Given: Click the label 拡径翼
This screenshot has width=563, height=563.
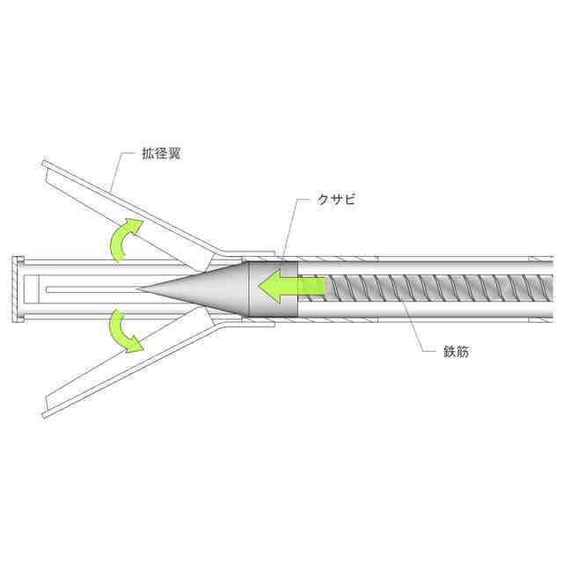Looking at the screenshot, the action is pos(163,152).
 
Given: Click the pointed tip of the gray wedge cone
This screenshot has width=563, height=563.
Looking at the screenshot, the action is pos(139,288).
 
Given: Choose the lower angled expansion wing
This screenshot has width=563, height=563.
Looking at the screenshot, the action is pos(132,369).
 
